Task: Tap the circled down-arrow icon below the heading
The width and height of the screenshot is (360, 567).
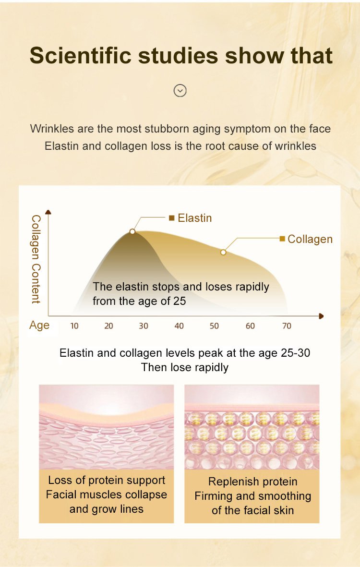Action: pos(180,90)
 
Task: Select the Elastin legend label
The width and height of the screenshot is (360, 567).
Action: pos(195,218)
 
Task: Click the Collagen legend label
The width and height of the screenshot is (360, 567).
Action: pos(310,239)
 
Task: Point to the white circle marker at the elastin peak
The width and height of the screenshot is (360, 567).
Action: pos(132,231)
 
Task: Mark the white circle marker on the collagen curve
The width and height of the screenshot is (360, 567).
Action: pos(223,252)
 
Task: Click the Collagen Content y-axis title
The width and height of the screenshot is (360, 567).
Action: pos(36,259)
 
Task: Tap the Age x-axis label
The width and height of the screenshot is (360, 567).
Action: pos(39,326)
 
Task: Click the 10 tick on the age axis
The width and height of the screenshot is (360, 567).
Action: pos(74,326)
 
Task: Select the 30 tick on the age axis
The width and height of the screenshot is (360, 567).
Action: pos(144,326)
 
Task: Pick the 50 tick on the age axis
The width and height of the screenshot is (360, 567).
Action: pos(215,326)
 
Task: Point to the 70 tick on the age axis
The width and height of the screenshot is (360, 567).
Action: pos(287,326)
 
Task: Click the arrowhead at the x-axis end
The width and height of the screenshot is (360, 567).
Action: pos(321,316)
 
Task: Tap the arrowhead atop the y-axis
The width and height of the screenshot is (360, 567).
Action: pos(48,212)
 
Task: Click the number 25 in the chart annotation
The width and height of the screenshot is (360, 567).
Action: pos(179,301)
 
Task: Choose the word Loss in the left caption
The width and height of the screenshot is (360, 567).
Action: pos(58,480)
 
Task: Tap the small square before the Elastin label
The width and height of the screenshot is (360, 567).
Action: pos(172,217)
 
